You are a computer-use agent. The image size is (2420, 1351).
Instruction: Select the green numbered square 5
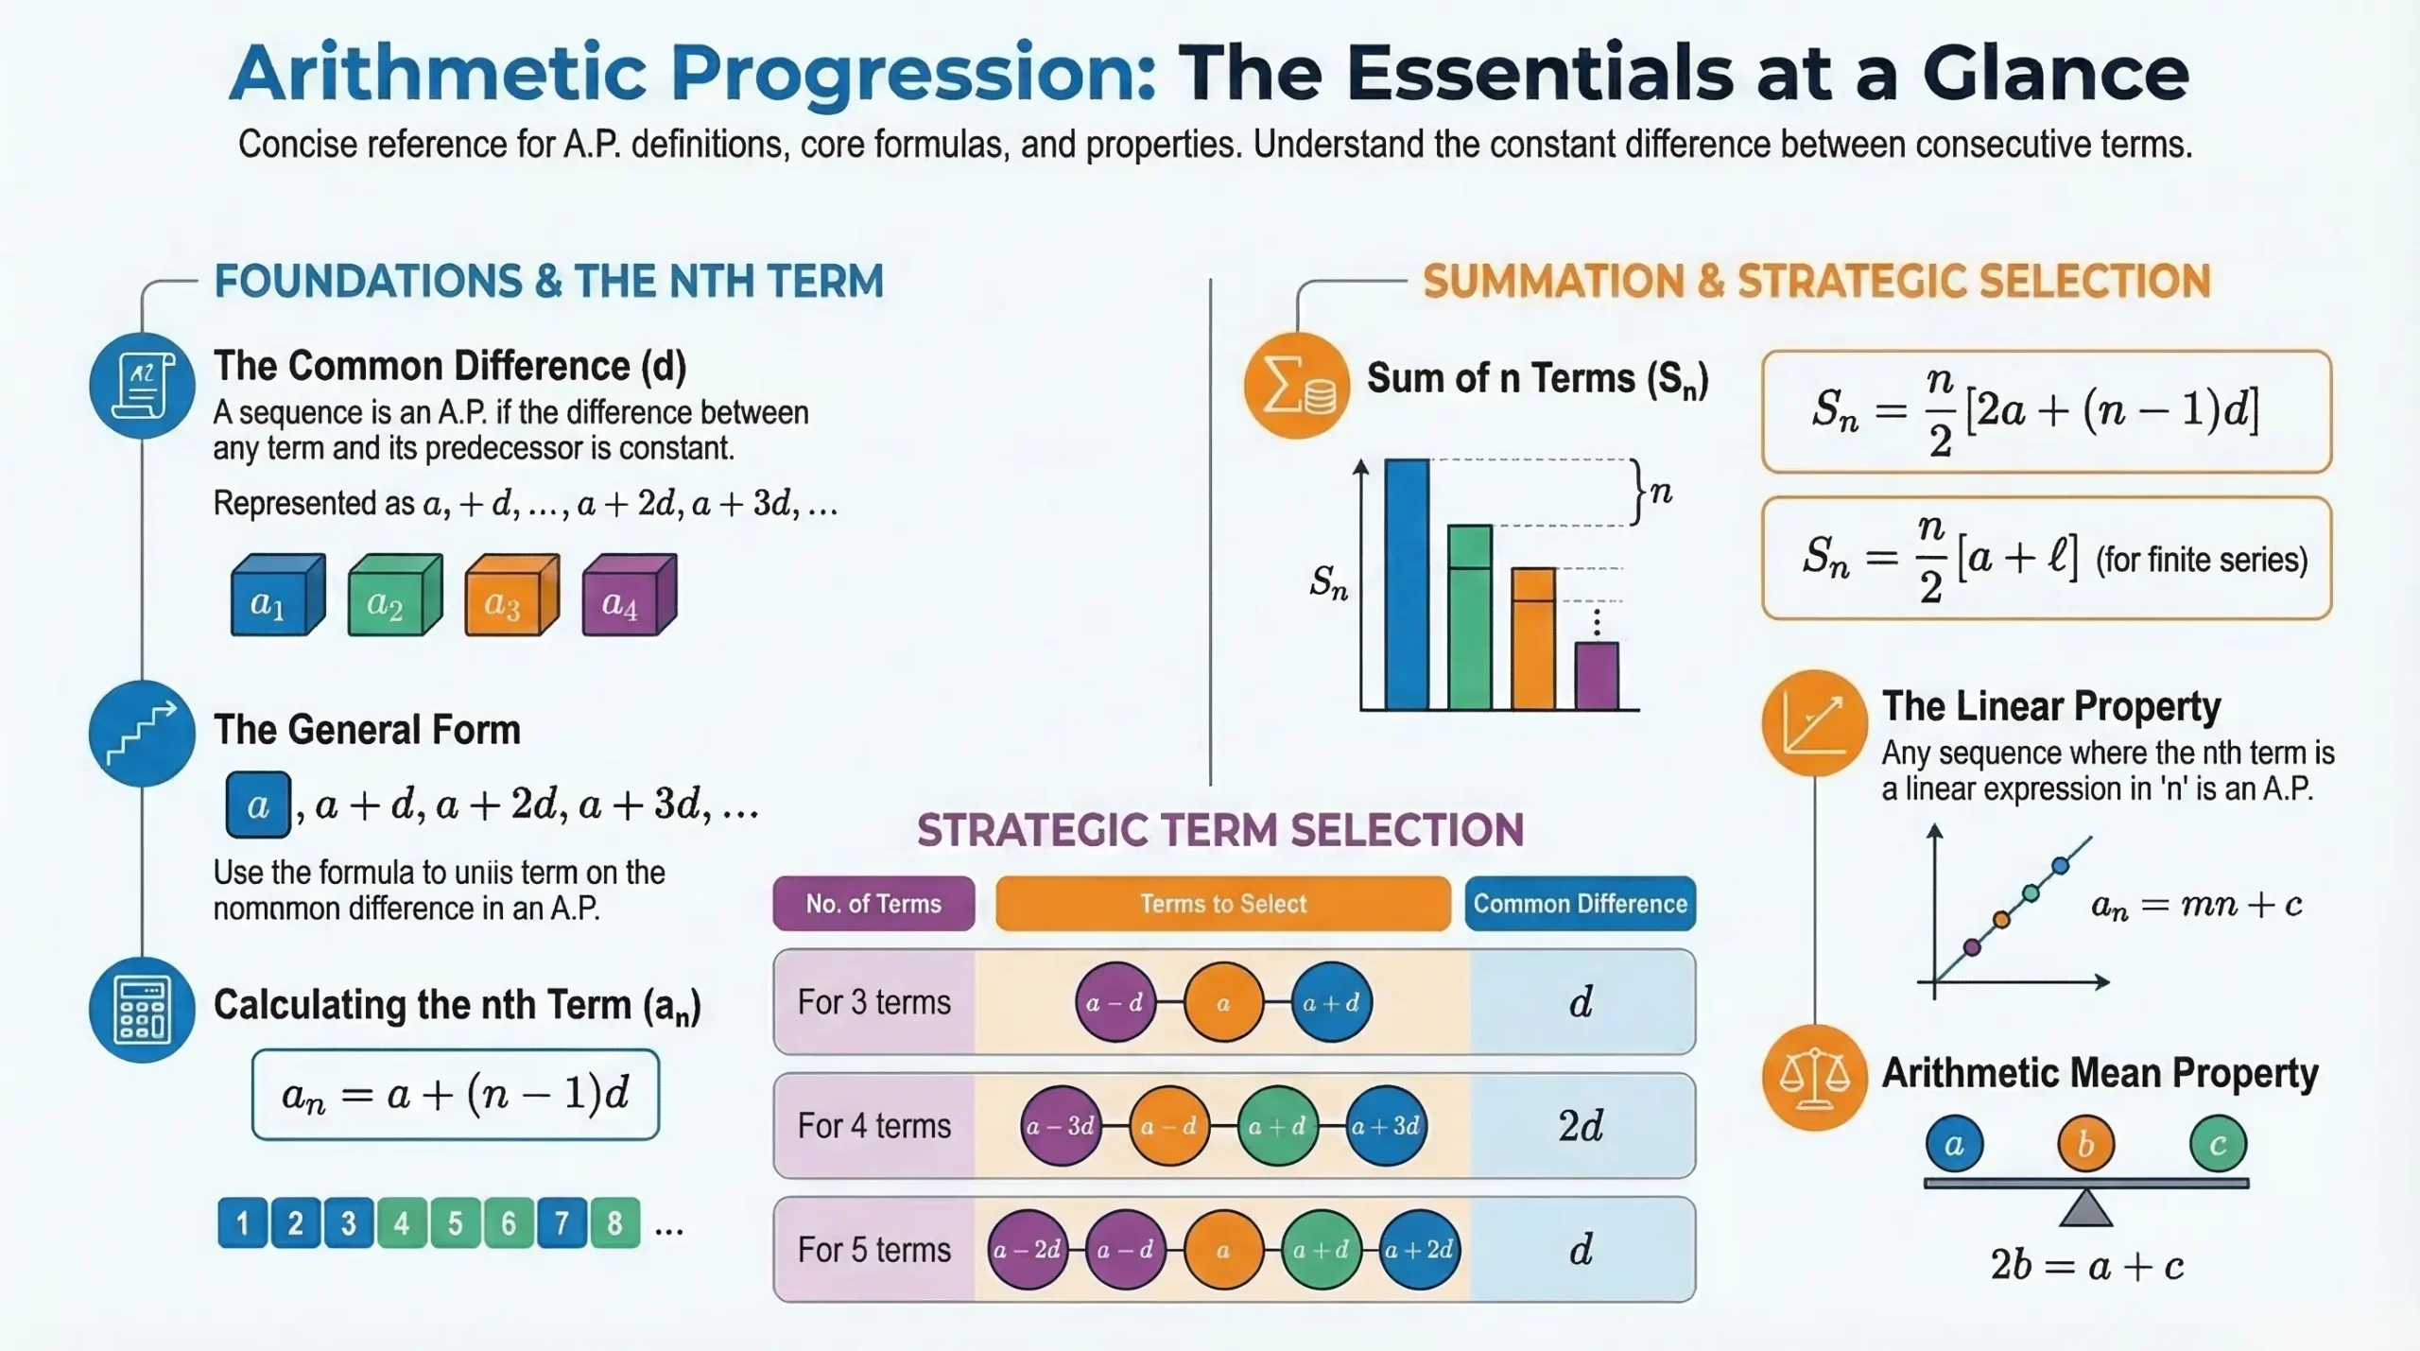(455, 1222)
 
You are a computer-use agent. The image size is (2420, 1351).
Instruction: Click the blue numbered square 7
(562, 1222)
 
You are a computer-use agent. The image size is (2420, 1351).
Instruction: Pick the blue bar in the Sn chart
(1406, 584)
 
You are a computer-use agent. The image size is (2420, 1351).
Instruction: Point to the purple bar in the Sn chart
(1596, 675)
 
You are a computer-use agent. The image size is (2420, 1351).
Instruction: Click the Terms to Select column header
(1222, 904)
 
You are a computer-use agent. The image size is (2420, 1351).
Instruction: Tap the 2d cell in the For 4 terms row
(1581, 1125)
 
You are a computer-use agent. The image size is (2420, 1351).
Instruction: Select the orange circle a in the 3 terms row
(1223, 1002)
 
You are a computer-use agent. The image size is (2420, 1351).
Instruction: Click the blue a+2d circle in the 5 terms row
(1418, 1250)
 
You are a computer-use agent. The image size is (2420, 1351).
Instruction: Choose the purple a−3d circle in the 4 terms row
(1061, 1125)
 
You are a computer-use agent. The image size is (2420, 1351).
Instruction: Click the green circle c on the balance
(2217, 1144)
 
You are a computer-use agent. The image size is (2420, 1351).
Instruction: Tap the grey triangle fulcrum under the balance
(2085, 1209)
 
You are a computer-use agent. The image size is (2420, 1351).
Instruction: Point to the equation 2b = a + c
(2086, 1266)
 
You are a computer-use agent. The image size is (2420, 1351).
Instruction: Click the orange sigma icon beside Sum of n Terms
(1296, 385)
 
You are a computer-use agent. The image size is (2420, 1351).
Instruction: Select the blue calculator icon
(142, 1009)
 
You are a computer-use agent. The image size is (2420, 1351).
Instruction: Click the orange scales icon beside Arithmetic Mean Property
(1813, 1077)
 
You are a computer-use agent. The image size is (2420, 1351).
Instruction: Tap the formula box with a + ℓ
(2046, 558)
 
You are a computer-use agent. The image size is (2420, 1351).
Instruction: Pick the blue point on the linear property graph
(2061, 865)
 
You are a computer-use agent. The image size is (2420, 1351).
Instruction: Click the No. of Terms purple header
(873, 904)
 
